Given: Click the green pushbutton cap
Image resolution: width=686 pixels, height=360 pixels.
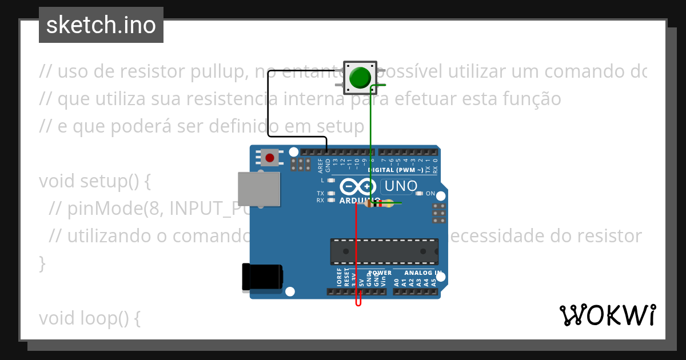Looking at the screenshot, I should (x=360, y=77).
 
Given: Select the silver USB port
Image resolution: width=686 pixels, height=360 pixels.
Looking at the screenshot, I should (x=259, y=189).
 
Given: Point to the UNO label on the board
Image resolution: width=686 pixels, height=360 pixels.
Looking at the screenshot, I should (x=401, y=186).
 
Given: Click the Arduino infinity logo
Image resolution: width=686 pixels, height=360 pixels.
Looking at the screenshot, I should (x=358, y=187).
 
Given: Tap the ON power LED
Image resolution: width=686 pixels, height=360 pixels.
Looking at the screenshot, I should (x=420, y=193).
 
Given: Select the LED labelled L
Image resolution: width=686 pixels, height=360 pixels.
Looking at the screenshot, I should (x=331, y=180).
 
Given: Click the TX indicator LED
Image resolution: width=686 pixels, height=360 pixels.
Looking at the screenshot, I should (x=331, y=193).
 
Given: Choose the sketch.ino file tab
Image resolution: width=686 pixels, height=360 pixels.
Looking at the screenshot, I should (x=101, y=25).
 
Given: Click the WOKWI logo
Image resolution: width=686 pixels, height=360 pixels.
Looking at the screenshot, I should (x=607, y=315).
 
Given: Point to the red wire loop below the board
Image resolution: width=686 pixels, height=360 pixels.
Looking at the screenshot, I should (x=358, y=301).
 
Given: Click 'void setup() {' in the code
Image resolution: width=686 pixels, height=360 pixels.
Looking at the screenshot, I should (x=94, y=181).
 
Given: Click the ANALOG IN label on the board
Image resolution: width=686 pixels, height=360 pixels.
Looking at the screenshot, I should (x=423, y=273).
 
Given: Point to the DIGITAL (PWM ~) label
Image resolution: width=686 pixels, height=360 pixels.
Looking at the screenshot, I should (x=396, y=170).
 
